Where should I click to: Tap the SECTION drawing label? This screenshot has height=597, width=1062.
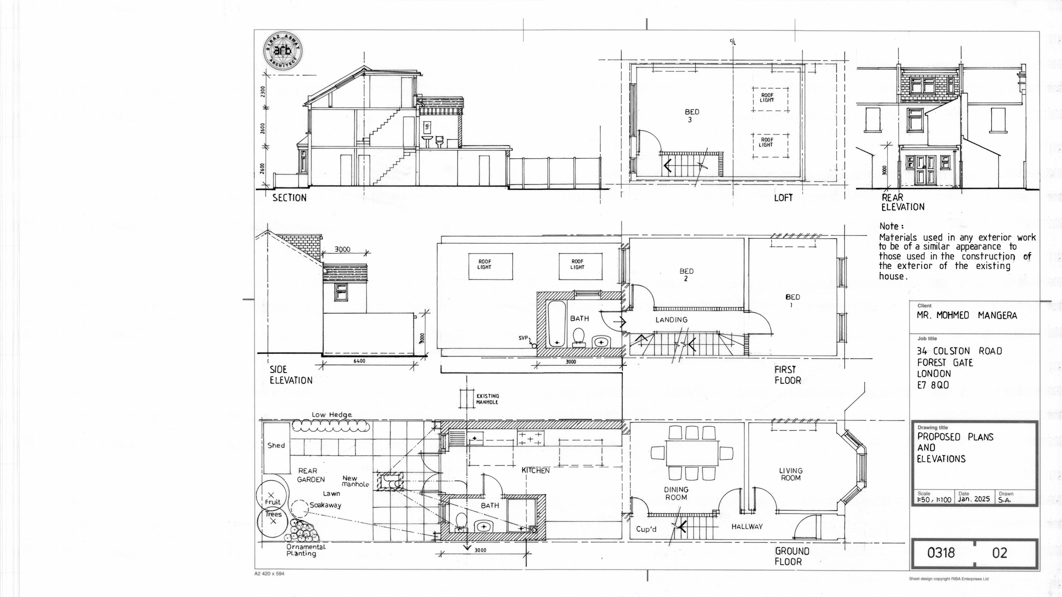(290, 198)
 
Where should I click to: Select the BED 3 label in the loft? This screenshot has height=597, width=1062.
(692, 116)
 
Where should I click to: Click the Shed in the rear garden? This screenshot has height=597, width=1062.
(276, 448)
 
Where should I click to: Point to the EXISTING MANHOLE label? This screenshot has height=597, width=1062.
(488, 399)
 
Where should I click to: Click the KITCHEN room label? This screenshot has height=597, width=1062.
(536, 471)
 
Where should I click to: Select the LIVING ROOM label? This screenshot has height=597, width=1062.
(791, 474)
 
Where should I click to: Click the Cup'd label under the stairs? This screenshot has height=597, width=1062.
(646, 529)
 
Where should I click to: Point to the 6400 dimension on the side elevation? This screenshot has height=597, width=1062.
(359, 361)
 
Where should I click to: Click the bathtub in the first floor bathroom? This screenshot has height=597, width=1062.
(557, 324)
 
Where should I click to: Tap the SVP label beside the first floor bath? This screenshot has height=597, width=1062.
(523, 338)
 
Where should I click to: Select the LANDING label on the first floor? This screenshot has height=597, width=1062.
(672, 319)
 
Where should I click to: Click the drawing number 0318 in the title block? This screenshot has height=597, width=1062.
(941, 552)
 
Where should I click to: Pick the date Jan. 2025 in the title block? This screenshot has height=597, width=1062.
(973, 499)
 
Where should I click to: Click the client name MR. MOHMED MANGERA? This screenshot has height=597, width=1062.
(967, 315)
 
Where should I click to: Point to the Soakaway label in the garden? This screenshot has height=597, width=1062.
(326, 505)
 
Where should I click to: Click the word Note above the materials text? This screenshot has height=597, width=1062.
(889, 226)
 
